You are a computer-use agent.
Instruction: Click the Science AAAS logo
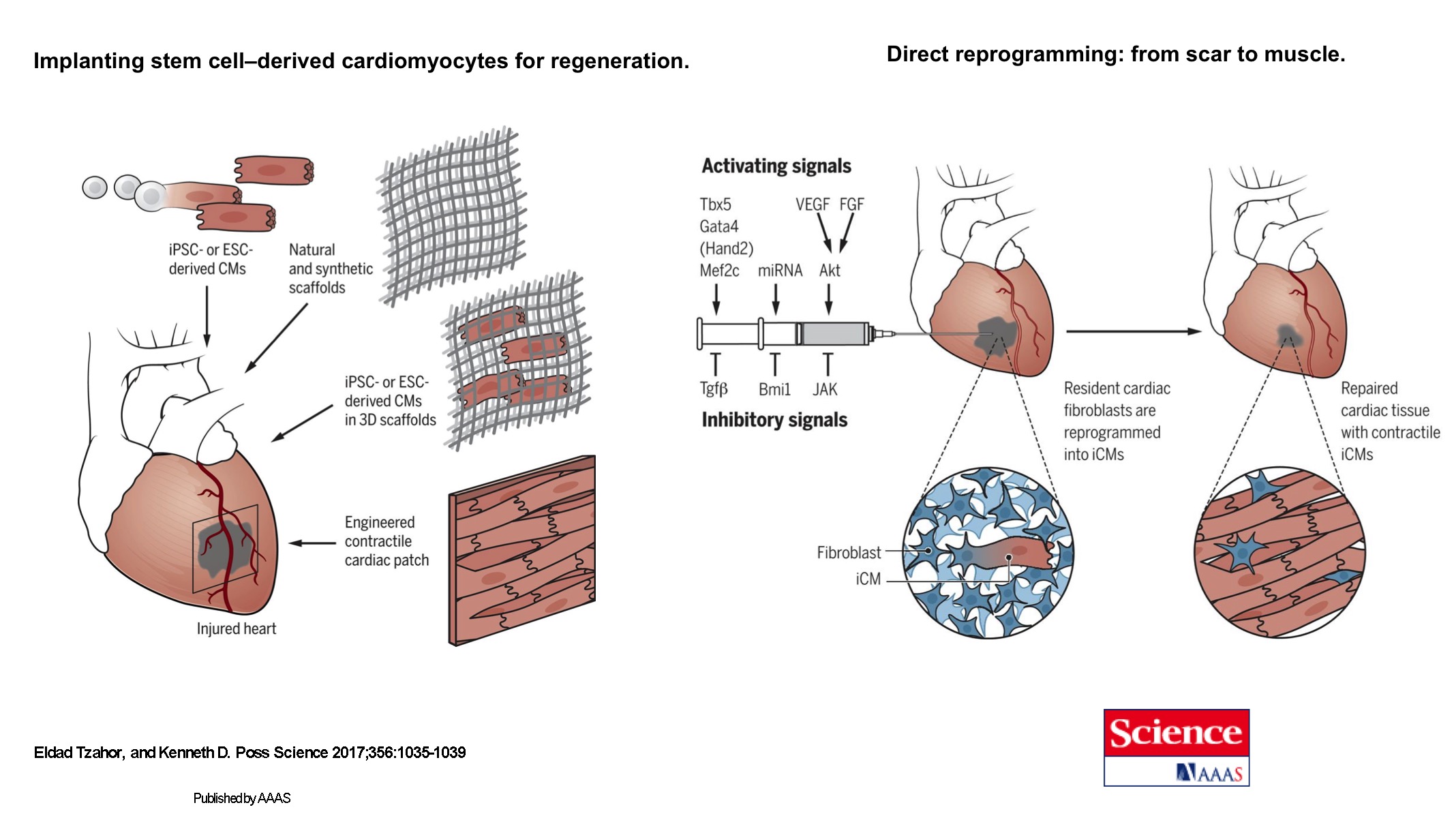pyautogui.click(x=1176, y=747)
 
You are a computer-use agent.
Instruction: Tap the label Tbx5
pyautogui.click(x=715, y=204)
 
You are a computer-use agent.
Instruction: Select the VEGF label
pyautogui.click(x=812, y=204)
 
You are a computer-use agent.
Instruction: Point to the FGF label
pyautogui.click(x=851, y=204)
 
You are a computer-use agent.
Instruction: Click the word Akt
pyautogui.click(x=830, y=271)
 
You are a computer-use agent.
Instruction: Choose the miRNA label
pyautogui.click(x=780, y=271)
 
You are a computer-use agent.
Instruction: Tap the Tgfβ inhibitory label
pyautogui.click(x=714, y=389)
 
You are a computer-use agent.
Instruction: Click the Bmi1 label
pyautogui.click(x=774, y=389)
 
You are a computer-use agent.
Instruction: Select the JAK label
pyautogui.click(x=825, y=389)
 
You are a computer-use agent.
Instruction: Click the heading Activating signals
pyautogui.click(x=776, y=166)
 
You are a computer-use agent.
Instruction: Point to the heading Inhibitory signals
pyautogui.click(x=774, y=420)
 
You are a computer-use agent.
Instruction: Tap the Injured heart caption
pyautogui.click(x=237, y=628)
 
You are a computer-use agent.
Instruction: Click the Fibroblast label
pyautogui.click(x=849, y=553)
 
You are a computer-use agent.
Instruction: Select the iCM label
pyautogui.click(x=868, y=579)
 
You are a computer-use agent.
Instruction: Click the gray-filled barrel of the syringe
pyautogui.click(x=833, y=334)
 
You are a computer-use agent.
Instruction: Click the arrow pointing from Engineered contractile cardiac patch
pyautogui.click(x=312, y=543)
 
